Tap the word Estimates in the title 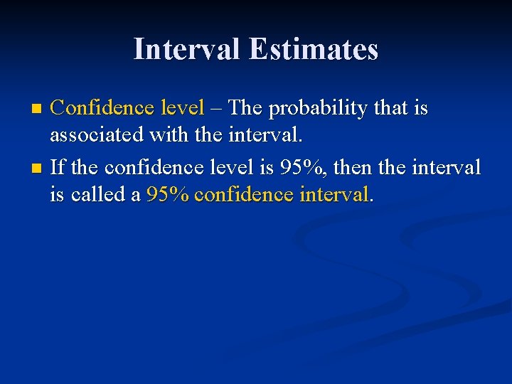(x=314, y=49)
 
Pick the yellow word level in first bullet (x=182, y=108)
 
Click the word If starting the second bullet (x=58, y=169)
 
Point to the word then (x=353, y=169)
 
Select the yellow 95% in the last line (x=167, y=193)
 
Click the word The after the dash (x=246, y=108)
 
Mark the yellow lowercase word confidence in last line (x=242, y=193)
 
